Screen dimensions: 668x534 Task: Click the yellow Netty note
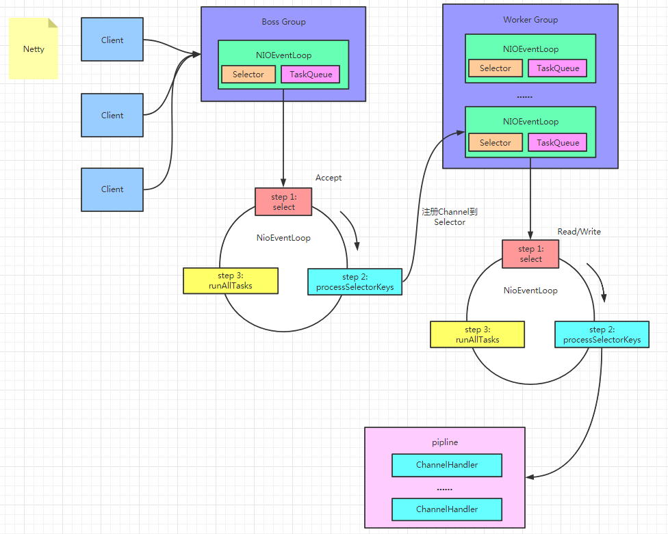tap(34, 49)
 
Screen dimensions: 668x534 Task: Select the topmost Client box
tap(112, 40)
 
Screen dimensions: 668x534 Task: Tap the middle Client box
tap(112, 116)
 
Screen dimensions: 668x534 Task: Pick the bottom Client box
tap(112, 189)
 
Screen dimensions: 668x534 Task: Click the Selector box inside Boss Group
tap(248, 75)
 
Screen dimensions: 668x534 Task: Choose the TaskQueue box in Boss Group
tap(311, 75)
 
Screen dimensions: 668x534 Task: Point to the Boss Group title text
tap(284, 22)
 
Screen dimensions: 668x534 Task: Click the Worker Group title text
tap(530, 20)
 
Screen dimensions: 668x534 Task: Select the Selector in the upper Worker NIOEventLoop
tap(496, 68)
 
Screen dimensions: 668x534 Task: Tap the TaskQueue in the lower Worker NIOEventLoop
tap(558, 142)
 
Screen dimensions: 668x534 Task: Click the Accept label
tap(329, 178)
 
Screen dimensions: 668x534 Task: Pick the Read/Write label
tap(579, 232)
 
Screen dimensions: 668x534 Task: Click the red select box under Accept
tap(283, 202)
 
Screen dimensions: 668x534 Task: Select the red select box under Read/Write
tap(530, 254)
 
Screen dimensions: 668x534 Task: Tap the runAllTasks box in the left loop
tap(231, 281)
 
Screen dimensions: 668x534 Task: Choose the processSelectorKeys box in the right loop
tap(602, 334)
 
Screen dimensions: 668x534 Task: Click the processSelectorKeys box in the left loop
tap(355, 282)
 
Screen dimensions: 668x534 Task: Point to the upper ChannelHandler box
tap(447, 465)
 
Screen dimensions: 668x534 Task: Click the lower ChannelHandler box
tap(447, 509)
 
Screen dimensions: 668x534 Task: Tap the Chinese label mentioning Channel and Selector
tap(450, 217)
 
